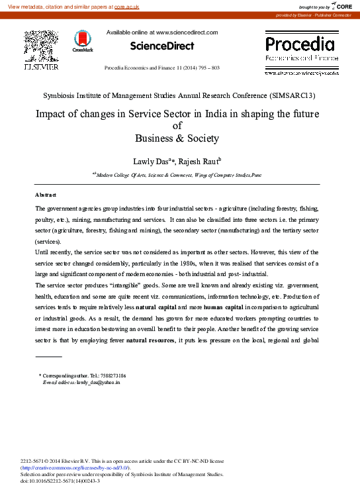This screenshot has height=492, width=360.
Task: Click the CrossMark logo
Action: click(83, 41)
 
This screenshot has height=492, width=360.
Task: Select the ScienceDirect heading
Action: click(162, 46)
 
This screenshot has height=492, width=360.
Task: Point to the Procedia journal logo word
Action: click(300, 44)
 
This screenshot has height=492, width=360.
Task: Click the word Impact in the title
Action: click(33, 114)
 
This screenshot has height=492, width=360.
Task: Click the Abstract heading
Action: click(46, 195)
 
